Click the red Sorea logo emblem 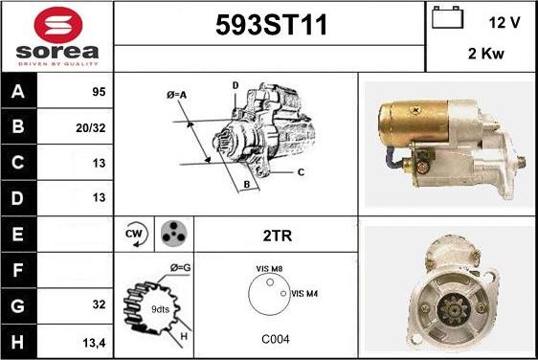(x=58, y=25)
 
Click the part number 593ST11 (x=272, y=25)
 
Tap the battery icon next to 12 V (x=447, y=17)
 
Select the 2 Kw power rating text (x=486, y=54)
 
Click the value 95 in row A (x=99, y=92)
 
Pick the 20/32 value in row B (x=91, y=128)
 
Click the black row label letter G (x=18, y=305)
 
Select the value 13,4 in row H (x=95, y=343)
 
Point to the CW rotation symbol (x=136, y=235)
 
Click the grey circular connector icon (x=174, y=234)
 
